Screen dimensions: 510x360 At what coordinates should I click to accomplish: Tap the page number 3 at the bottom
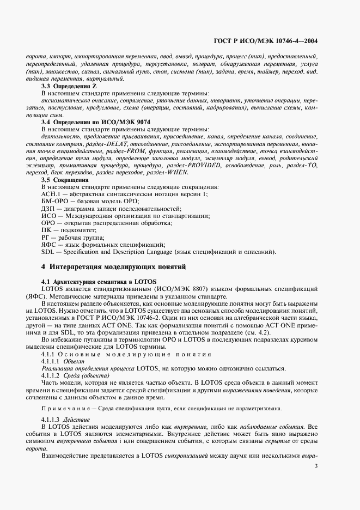coord(316,466)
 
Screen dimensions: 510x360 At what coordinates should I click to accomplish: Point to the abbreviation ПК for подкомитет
coord(46,230)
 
